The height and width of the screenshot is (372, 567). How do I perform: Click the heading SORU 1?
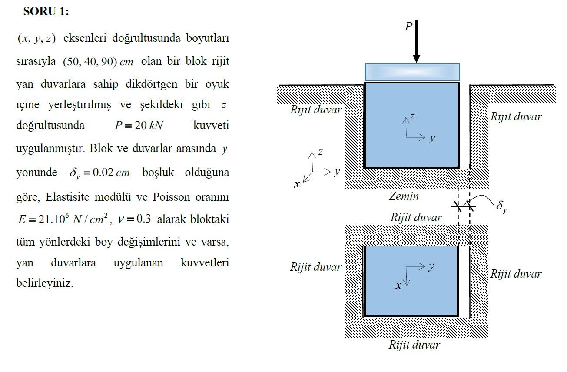coord(46,12)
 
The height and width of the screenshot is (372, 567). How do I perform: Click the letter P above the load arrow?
coord(408,27)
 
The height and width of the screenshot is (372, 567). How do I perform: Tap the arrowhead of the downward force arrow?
coord(416,58)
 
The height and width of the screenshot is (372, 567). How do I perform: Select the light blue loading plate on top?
coord(412,71)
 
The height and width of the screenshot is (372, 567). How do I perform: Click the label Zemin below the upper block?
coord(404,196)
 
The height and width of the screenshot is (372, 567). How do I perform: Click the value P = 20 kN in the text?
coord(139,126)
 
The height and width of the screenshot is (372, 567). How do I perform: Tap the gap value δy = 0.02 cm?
coord(99,173)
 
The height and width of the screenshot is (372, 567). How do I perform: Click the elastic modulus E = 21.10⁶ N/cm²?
coord(63,219)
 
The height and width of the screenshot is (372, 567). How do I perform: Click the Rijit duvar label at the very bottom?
coord(414,345)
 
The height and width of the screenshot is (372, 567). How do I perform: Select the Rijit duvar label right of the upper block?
coord(516,116)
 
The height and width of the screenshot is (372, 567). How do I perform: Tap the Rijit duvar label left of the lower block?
coord(316,267)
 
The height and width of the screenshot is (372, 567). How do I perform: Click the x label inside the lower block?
coord(398,286)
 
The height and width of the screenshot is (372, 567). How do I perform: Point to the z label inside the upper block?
coord(412,116)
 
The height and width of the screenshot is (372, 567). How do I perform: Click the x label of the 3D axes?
coord(297,185)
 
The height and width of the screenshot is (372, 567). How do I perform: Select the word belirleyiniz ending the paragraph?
coord(44,283)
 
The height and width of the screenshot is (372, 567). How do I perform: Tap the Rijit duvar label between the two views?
coord(416,217)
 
